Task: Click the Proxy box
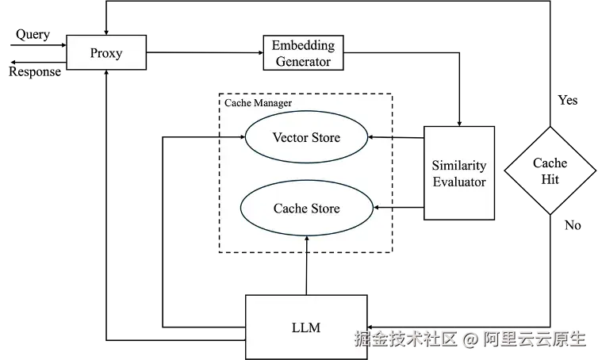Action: pyautogui.click(x=105, y=53)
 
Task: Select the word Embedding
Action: pyautogui.click(x=303, y=45)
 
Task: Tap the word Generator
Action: pyautogui.click(x=303, y=61)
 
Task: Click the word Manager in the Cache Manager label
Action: pyautogui.click(x=272, y=103)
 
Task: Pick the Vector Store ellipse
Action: pyautogui.click(x=306, y=137)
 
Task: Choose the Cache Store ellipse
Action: pyautogui.click(x=306, y=209)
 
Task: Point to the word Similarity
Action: pyautogui.click(x=458, y=166)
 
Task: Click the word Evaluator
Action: pyautogui.click(x=458, y=182)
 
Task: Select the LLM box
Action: pyautogui.click(x=305, y=326)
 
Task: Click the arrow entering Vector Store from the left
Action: pyautogui.click(x=231, y=136)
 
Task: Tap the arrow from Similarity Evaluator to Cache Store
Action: pyautogui.click(x=385, y=208)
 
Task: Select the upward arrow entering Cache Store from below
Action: pyautogui.click(x=306, y=244)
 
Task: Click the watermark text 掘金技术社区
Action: pyautogui.click(x=407, y=339)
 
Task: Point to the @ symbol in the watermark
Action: pyautogui.click(x=470, y=339)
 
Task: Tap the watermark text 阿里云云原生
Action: pyautogui.click(x=534, y=339)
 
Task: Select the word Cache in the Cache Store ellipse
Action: pyautogui.click(x=289, y=209)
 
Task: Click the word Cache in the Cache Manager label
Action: pyautogui.click(x=237, y=103)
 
